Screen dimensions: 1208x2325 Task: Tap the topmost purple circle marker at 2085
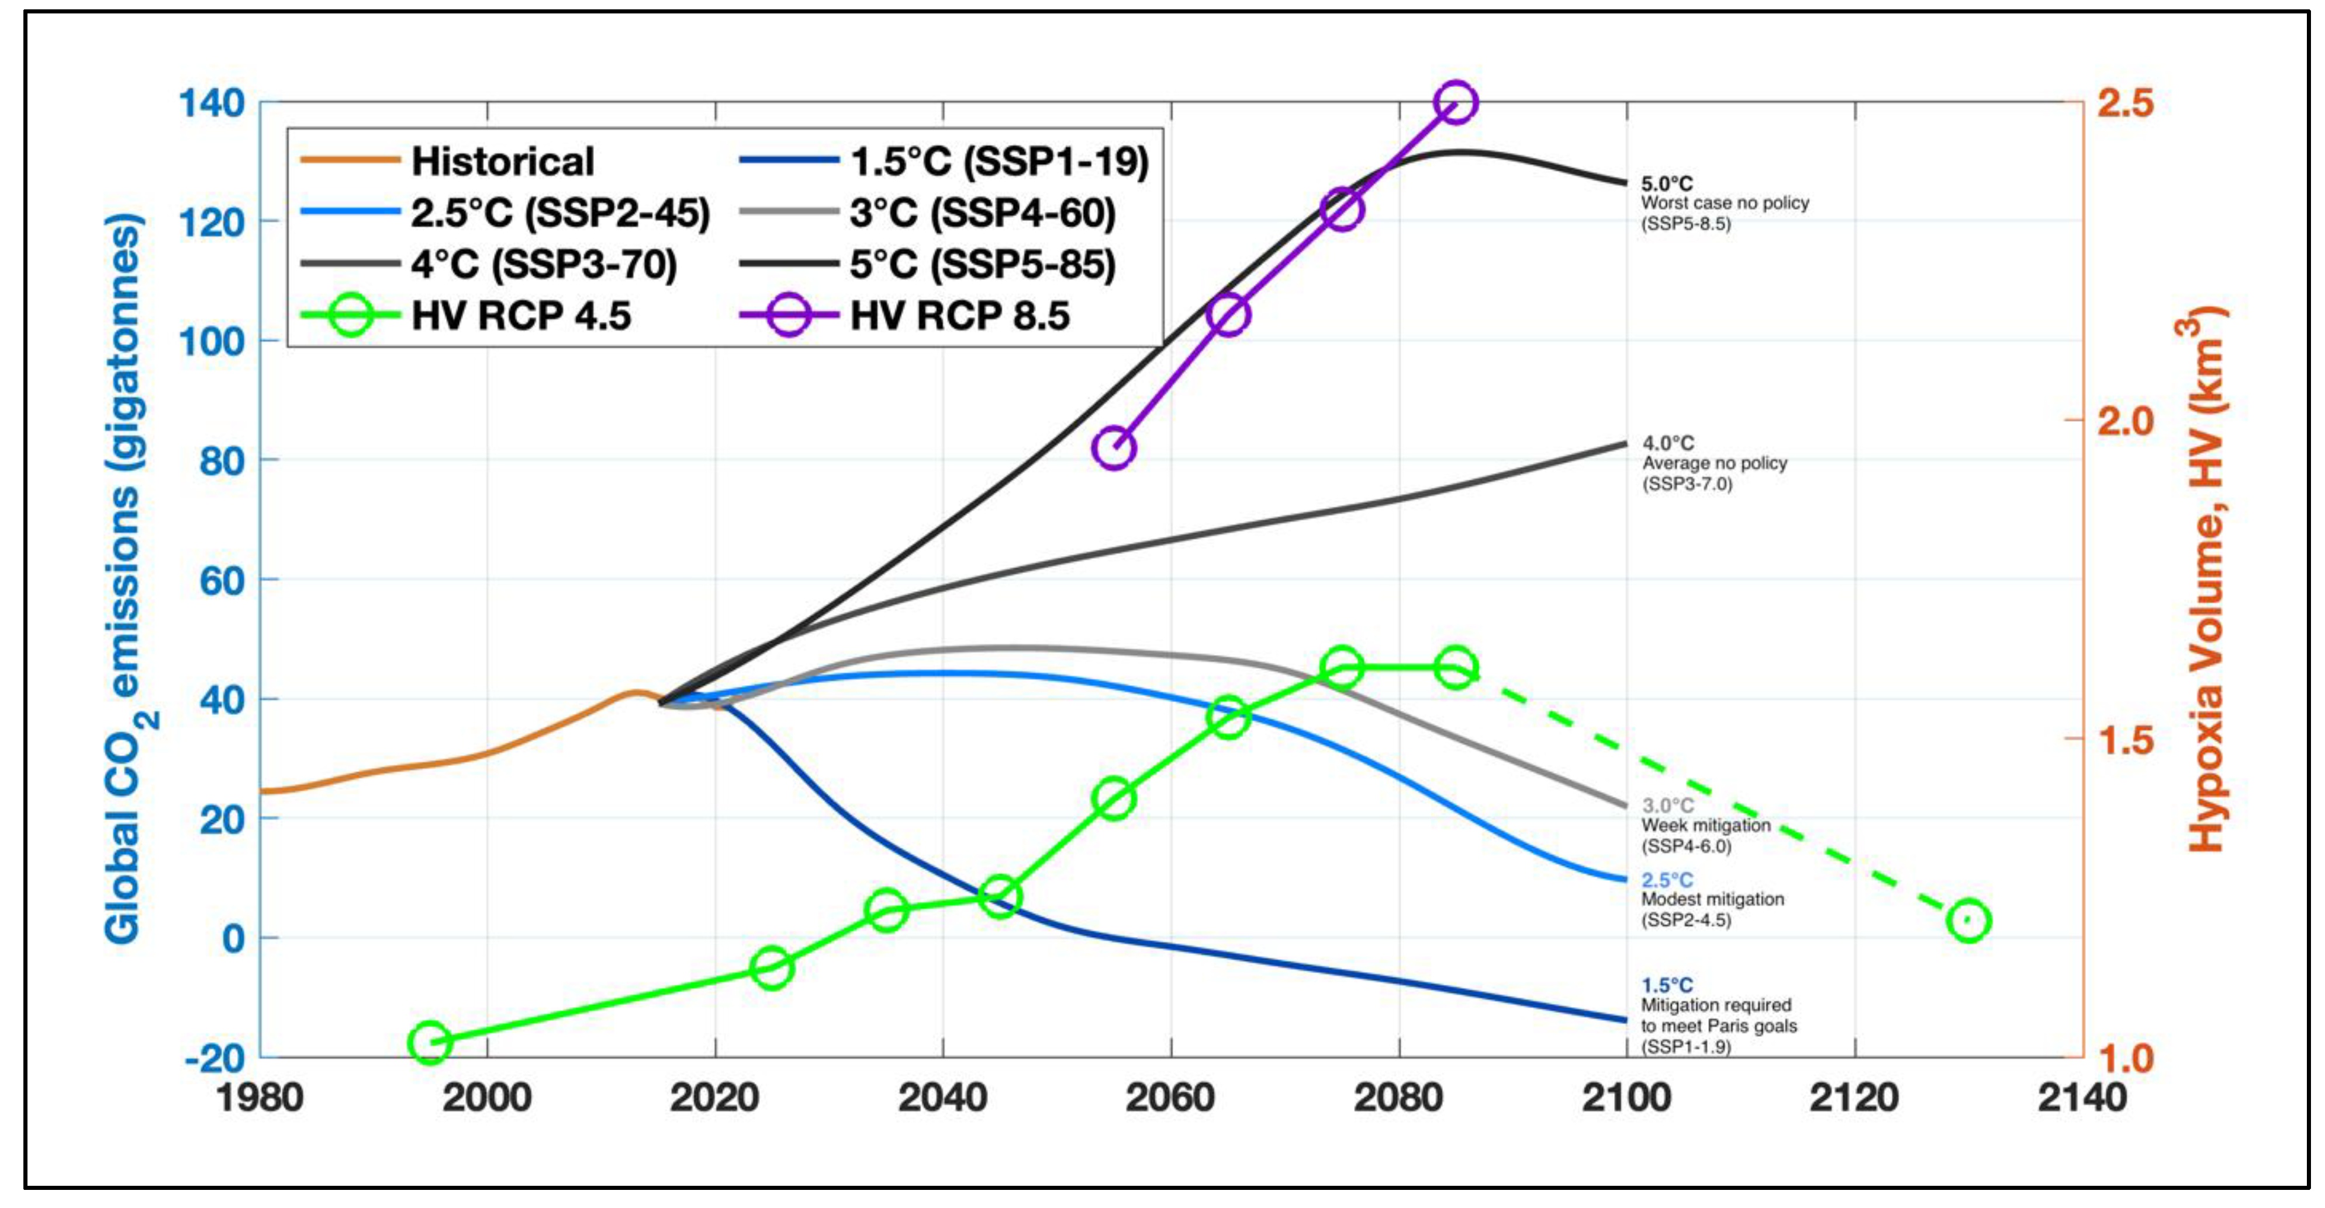tap(1455, 102)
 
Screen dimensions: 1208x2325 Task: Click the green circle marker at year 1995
tap(430, 1043)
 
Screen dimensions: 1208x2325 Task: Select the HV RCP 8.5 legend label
tap(959, 316)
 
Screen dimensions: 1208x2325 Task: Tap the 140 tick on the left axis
tap(212, 103)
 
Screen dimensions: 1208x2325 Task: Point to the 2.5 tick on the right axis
tap(2124, 103)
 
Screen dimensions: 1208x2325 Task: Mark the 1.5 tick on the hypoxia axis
tap(2124, 739)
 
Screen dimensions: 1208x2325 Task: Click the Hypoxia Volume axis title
tap(2207, 577)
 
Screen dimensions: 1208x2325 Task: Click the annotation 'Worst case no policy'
tap(1724, 203)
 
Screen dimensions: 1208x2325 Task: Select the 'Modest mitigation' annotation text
tap(1712, 900)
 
